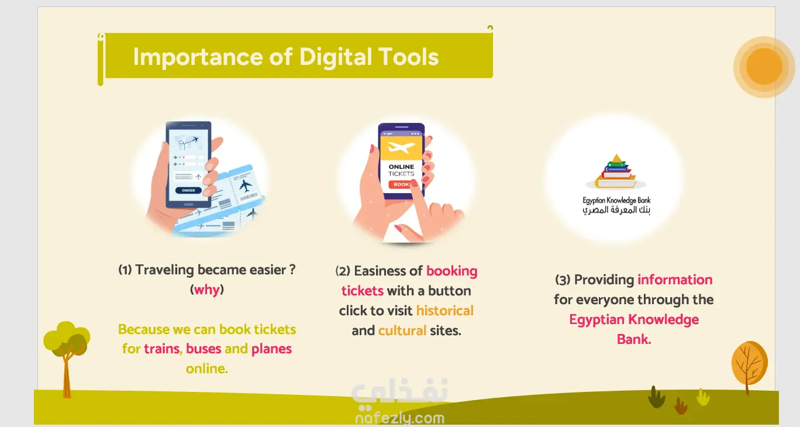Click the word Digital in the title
(335, 57)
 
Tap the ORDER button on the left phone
(188, 191)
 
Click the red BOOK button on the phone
(401, 184)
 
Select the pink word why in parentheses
(207, 290)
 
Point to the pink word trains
(162, 349)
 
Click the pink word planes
(271, 349)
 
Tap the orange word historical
(444, 311)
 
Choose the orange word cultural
(402, 330)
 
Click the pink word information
(675, 280)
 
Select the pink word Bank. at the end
(634, 339)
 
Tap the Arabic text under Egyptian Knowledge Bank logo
(616, 210)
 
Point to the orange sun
(764, 67)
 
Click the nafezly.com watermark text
(400, 418)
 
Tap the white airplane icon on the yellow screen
(401, 147)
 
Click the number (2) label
(343, 271)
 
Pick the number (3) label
(563, 280)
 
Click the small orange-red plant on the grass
(681, 406)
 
